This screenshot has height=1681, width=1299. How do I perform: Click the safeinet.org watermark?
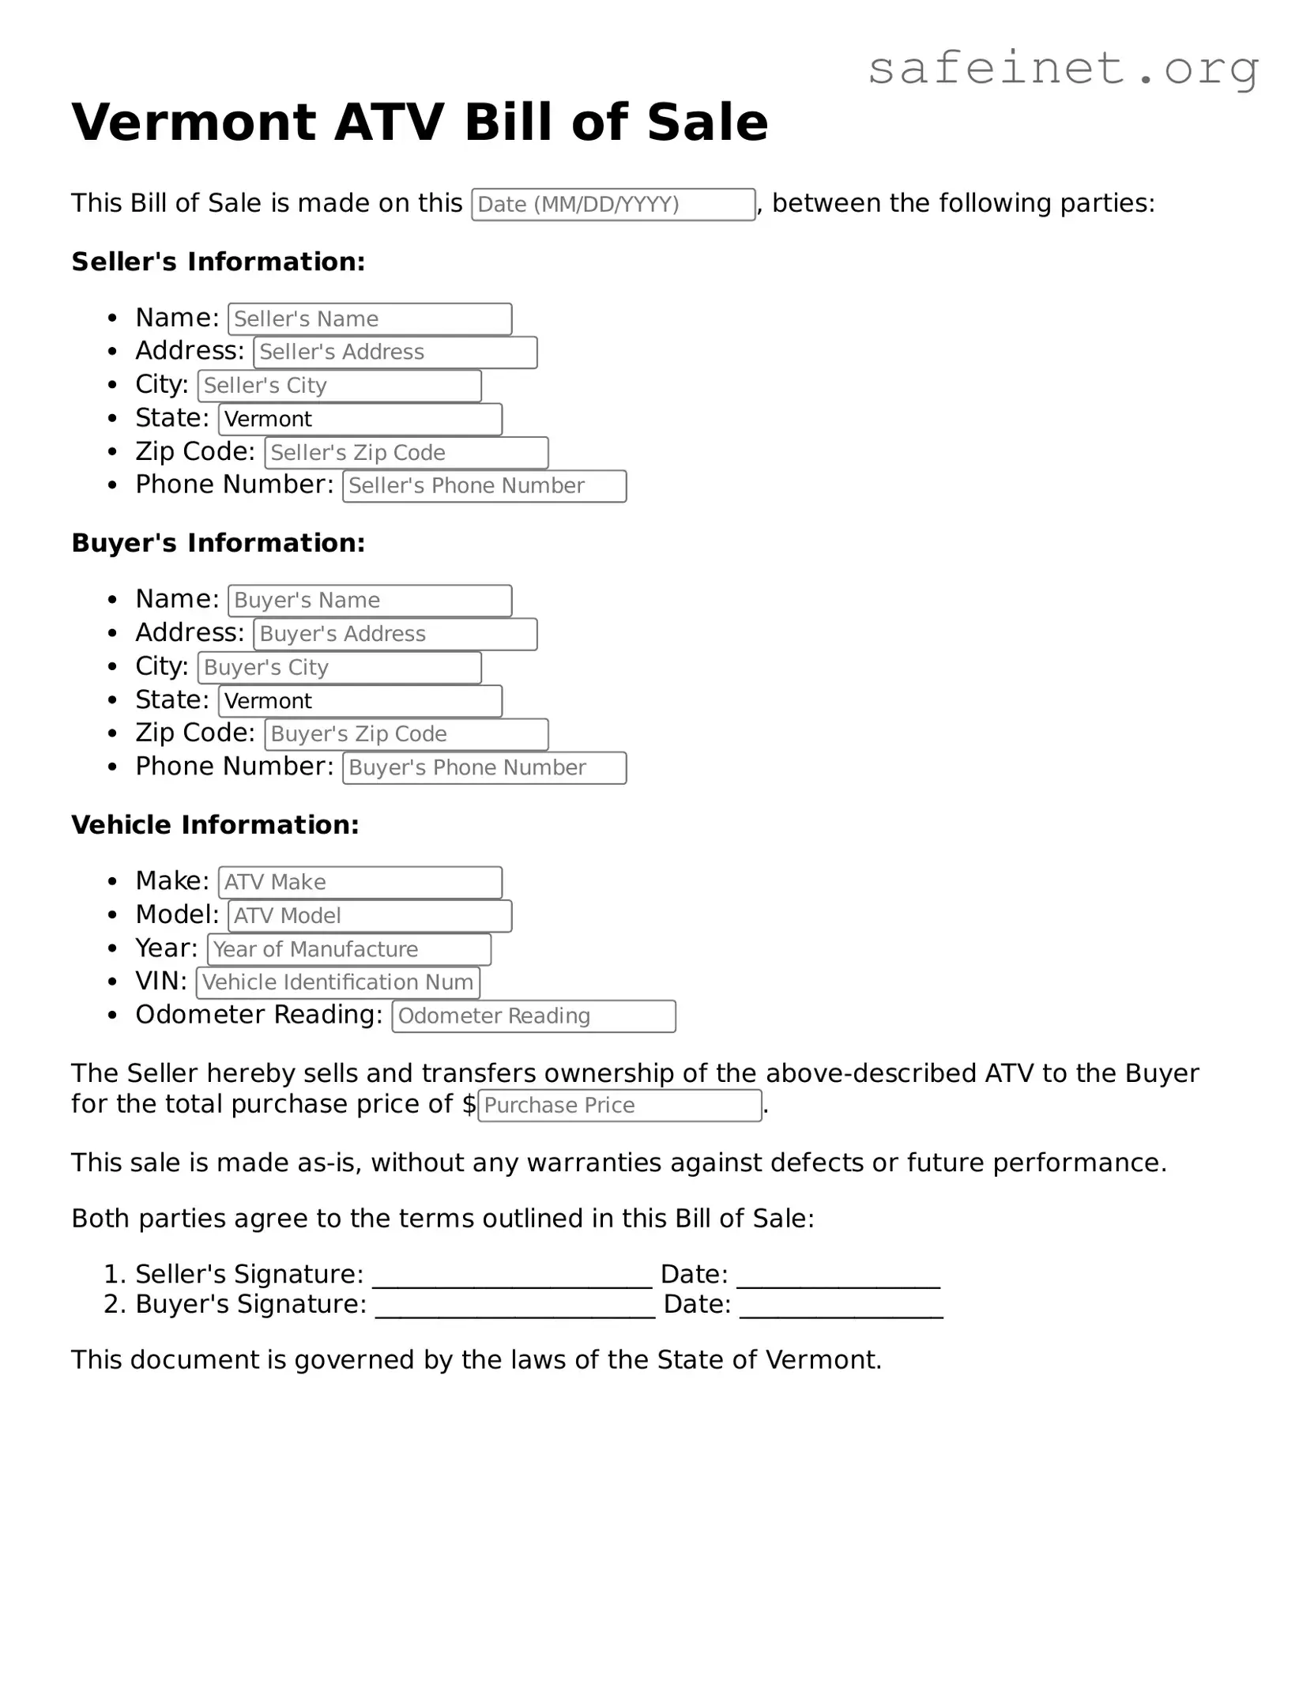(1063, 69)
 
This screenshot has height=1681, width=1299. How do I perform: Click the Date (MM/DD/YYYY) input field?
(613, 205)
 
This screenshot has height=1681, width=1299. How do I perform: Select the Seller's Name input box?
(370, 319)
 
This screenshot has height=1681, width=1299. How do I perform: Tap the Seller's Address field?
(395, 352)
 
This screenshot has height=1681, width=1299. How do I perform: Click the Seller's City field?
(340, 386)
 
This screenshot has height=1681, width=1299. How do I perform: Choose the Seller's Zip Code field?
(406, 453)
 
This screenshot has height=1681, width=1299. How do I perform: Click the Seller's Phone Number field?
(484, 486)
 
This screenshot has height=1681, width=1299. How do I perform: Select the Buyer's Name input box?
(370, 601)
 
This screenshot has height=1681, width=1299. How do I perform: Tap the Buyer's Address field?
(395, 635)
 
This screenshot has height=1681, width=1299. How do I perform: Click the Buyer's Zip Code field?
(406, 734)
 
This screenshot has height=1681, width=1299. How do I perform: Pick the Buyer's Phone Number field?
(484, 768)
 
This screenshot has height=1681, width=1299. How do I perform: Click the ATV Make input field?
(360, 883)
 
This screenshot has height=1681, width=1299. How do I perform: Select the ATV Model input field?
(370, 916)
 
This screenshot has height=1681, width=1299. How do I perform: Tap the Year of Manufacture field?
(349, 949)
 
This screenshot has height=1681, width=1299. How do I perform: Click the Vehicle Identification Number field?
(338, 982)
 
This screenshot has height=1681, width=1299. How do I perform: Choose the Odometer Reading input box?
(534, 1016)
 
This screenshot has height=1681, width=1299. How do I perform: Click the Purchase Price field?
(619, 1106)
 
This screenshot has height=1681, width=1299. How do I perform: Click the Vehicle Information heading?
(215, 825)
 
